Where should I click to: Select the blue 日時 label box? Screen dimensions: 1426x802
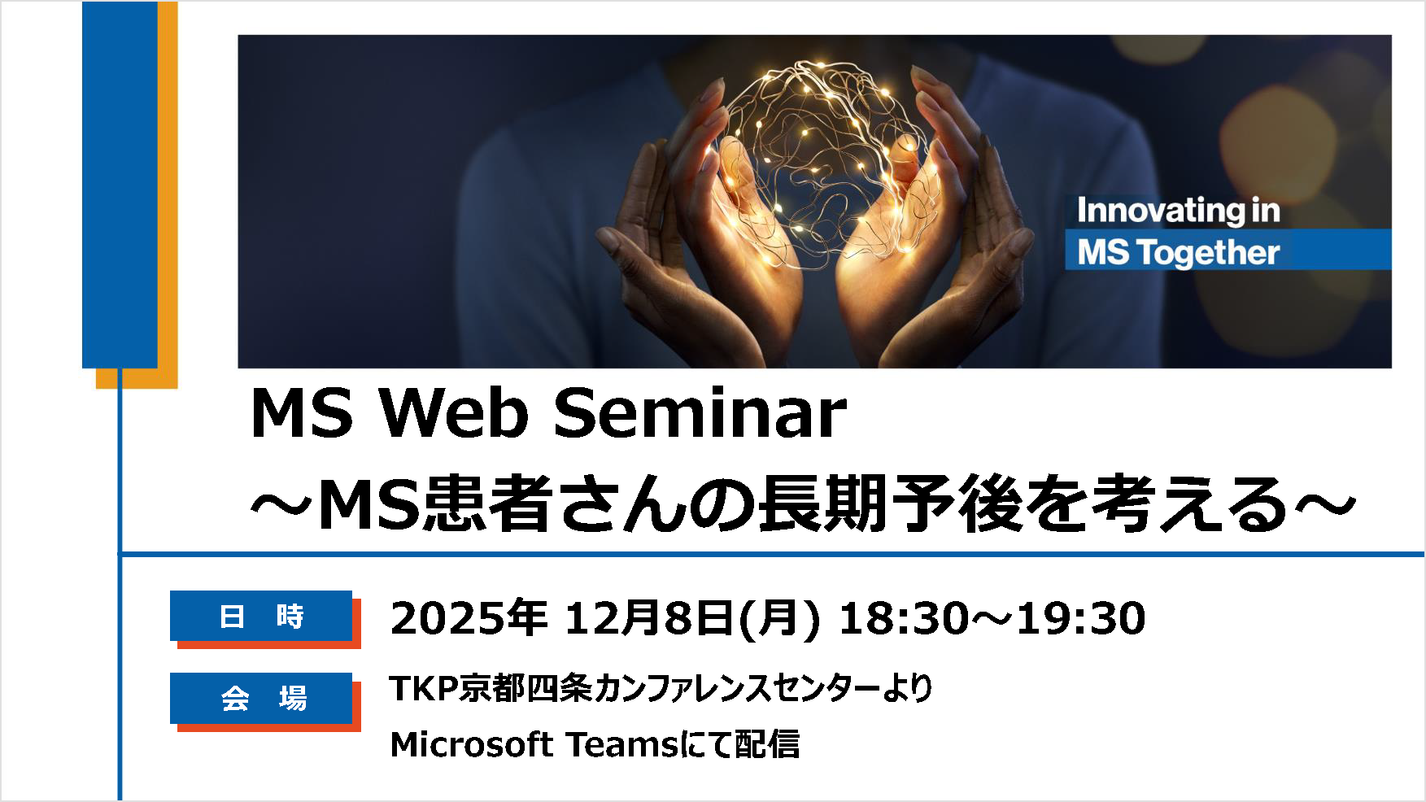tap(261, 616)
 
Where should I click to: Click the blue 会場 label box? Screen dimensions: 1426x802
tap(261, 698)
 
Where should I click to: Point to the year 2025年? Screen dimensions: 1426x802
tap(469, 618)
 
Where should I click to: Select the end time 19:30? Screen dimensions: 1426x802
tap(1082, 618)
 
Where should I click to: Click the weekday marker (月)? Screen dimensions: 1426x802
tap(778, 618)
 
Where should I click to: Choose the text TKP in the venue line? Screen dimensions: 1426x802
tap(424, 688)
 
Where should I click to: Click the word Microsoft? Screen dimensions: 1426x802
tap(472, 744)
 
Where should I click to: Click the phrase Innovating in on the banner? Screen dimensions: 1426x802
tap(1179, 211)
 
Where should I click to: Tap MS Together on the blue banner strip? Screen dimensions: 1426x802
tap(1179, 252)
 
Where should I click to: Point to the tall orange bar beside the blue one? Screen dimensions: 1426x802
tap(167, 195)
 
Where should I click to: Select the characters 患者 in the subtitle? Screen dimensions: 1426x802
tap(489, 504)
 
